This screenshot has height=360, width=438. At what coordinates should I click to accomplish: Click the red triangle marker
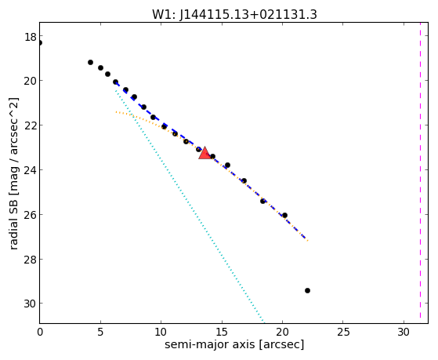[205, 153]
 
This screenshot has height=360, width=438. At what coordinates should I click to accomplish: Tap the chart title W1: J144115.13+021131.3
[234, 14]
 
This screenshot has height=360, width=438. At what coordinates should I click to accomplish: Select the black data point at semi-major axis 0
[40, 43]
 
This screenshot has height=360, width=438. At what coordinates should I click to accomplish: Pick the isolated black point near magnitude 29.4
[307, 291]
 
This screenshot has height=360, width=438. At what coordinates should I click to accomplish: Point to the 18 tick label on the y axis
[30, 37]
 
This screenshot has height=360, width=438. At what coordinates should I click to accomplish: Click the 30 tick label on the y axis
[30, 304]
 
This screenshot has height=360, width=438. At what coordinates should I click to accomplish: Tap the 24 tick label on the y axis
[30, 170]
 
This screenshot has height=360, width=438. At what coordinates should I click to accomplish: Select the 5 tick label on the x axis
[100, 332]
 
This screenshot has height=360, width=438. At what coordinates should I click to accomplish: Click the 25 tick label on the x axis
[343, 332]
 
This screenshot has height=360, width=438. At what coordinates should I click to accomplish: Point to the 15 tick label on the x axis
[222, 332]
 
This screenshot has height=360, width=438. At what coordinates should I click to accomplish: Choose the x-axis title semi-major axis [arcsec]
[234, 344]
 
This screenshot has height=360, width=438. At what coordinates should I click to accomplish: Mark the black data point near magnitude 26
[284, 216]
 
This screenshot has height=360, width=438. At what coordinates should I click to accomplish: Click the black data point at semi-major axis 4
[90, 63]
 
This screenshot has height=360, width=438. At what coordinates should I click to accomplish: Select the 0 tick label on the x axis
[40, 332]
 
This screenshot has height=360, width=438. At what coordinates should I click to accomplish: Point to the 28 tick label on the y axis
[30, 260]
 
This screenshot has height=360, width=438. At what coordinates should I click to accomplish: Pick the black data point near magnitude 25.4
[262, 201]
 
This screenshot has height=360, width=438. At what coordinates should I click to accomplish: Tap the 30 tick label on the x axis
[404, 332]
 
